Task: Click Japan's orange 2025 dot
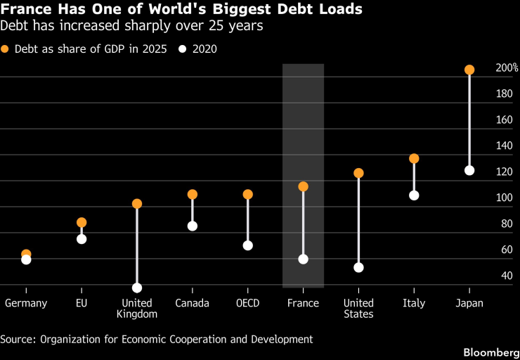(469, 70)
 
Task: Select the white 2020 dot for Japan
(469, 171)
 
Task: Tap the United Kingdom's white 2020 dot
(137, 288)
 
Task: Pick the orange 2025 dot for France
(303, 186)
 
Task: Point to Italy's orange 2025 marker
(414, 159)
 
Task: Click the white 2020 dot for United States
(358, 267)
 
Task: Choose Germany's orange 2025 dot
(26, 254)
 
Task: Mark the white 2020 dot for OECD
(248, 245)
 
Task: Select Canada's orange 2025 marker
(193, 194)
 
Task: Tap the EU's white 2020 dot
(82, 239)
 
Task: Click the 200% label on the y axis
(507, 68)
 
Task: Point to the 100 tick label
(504, 198)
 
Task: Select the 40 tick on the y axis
(507, 276)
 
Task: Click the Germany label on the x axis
(26, 303)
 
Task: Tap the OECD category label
(248, 303)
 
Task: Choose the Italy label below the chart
(414, 303)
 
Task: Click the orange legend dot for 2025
(5, 49)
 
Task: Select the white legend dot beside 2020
(183, 49)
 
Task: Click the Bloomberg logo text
(491, 352)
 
